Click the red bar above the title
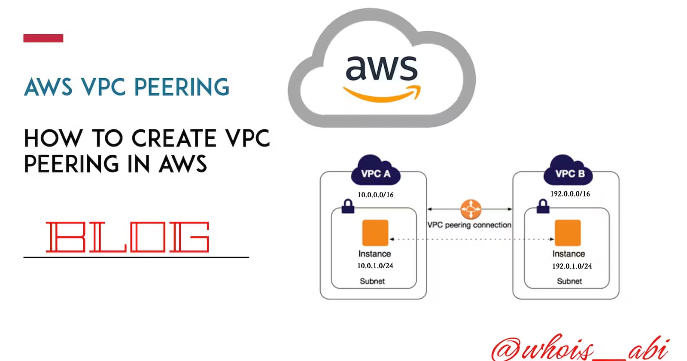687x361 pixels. (x=43, y=38)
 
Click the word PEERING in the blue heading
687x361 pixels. (x=182, y=87)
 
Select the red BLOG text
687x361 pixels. (x=128, y=237)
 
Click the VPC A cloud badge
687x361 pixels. (x=376, y=172)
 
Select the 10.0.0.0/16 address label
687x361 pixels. (x=376, y=195)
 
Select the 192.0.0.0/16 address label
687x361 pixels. (x=570, y=194)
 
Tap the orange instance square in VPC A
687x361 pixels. (x=375, y=233)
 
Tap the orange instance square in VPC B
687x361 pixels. (x=568, y=233)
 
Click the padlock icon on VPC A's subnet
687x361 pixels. (x=348, y=206)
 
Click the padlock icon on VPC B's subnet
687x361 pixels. (x=543, y=206)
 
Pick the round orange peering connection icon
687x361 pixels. (x=471, y=209)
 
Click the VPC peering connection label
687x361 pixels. (x=469, y=225)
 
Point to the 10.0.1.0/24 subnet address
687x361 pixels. (x=375, y=266)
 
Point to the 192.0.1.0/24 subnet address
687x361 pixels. (x=572, y=266)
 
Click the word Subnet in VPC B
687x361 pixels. (x=569, y=281)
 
